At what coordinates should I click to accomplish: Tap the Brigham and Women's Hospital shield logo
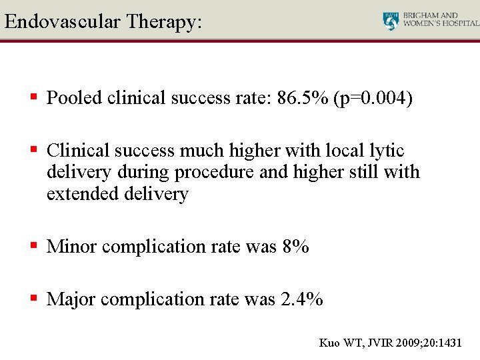click(391, 21)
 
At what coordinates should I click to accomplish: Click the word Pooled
click(74, 98)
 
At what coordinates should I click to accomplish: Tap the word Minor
click(72, 247)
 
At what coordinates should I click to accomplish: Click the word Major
click(72, 299)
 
